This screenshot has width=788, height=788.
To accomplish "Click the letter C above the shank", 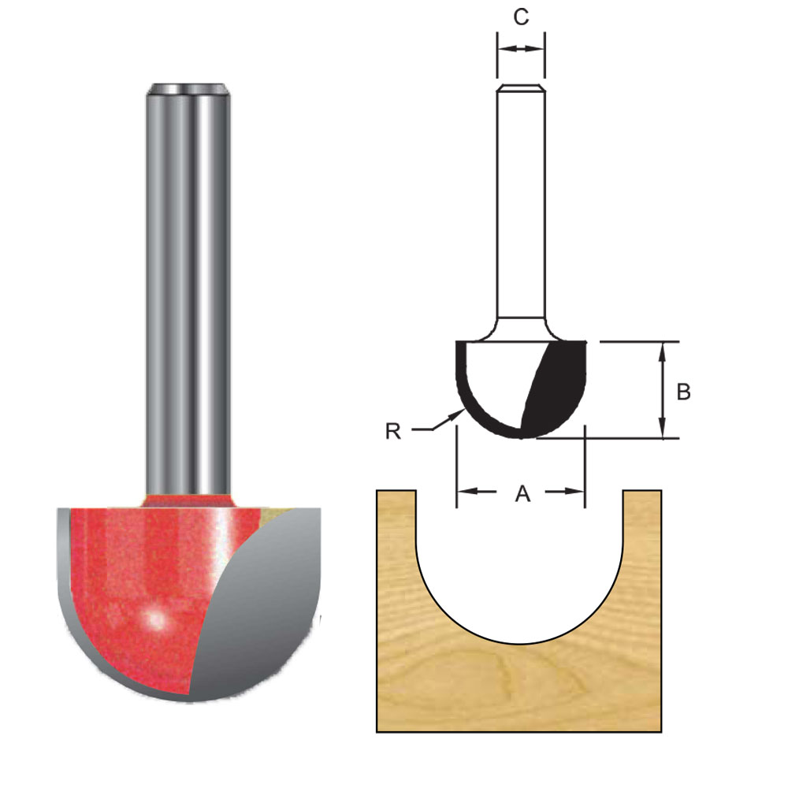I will pos(521,17).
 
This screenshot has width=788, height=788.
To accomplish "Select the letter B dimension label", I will pos(684,392).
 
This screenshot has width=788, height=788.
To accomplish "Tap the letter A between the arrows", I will pos(522,493).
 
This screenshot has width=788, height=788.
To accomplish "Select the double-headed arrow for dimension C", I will pos(521,49).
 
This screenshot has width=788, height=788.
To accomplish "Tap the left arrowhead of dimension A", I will pos(464,492).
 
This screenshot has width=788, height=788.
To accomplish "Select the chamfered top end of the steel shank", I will pos(188,88).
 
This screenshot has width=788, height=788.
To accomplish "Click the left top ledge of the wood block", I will pos(396,492).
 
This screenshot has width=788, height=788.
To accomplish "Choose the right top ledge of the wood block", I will pos(642,492).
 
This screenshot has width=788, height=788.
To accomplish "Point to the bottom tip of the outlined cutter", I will pos(521,436).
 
